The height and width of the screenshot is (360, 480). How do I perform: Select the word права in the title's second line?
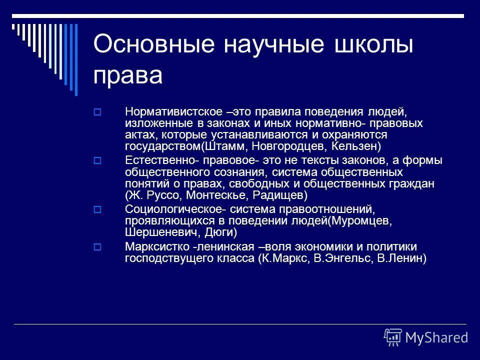[127, 76]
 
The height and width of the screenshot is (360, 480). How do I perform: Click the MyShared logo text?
[436, 337]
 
